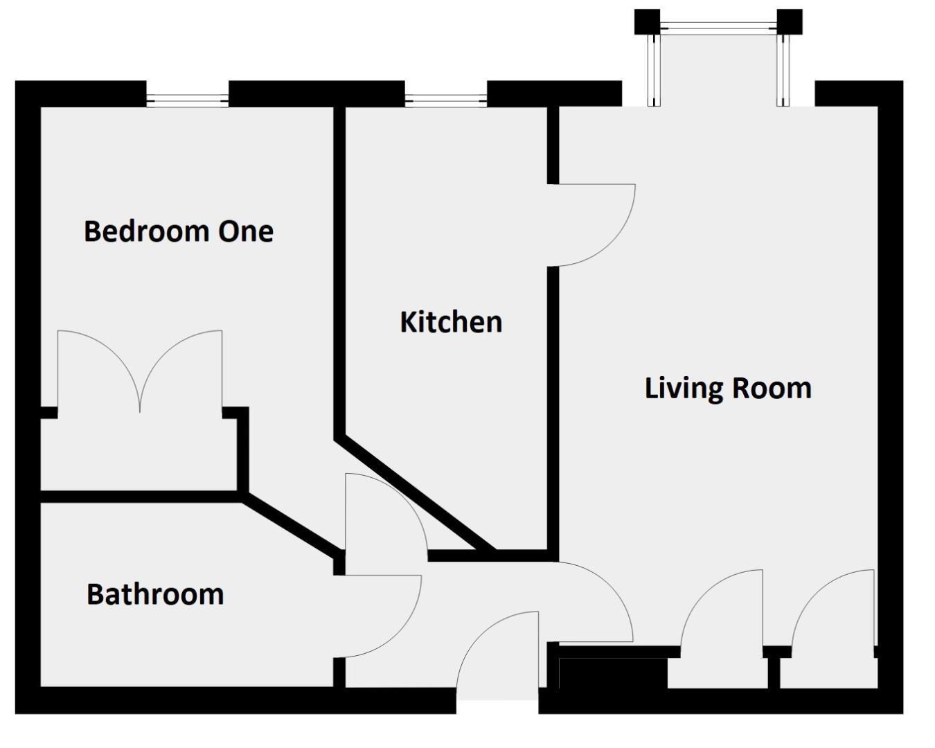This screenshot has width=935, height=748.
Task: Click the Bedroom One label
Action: [x=179, y=231]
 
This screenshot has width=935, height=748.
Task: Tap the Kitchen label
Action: [x=451, y=322]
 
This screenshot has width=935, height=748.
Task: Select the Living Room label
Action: [x=728, y=388]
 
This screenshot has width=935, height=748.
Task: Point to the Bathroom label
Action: [x=155, y=594]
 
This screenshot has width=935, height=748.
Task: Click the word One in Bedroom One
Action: [x=246, y=231]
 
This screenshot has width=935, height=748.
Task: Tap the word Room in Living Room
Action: [x=772, y=388]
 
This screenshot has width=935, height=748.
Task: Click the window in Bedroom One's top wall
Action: [x=187, y=100]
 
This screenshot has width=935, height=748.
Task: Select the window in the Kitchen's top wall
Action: [x=446, y=100]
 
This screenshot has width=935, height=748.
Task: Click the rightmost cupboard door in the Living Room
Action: [x=831, y=609]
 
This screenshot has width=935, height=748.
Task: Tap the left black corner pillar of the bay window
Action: [x=648, y=21]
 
